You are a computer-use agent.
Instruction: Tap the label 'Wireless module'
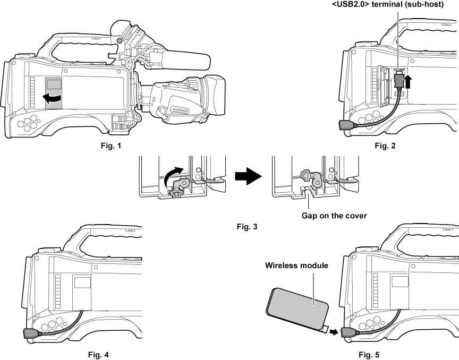click(x=296, y=265)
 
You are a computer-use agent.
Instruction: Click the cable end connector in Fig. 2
click(x=347, y=125)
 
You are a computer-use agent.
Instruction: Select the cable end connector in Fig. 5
click(x=350, y=333)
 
